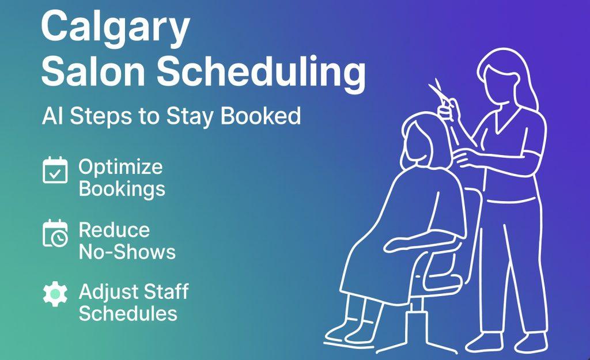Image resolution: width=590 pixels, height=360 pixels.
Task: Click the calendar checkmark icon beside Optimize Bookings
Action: point(55,170)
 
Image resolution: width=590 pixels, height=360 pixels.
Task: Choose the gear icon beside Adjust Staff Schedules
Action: point(55,294)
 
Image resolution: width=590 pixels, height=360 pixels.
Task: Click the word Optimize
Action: point(120,168)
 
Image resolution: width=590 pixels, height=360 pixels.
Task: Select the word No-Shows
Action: point(127,251)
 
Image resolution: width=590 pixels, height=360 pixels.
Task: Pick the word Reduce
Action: point(114,230)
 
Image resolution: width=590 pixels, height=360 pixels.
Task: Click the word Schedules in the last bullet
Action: point(128,313)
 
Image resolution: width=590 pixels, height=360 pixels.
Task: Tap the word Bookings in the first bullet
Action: point(122,188)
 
